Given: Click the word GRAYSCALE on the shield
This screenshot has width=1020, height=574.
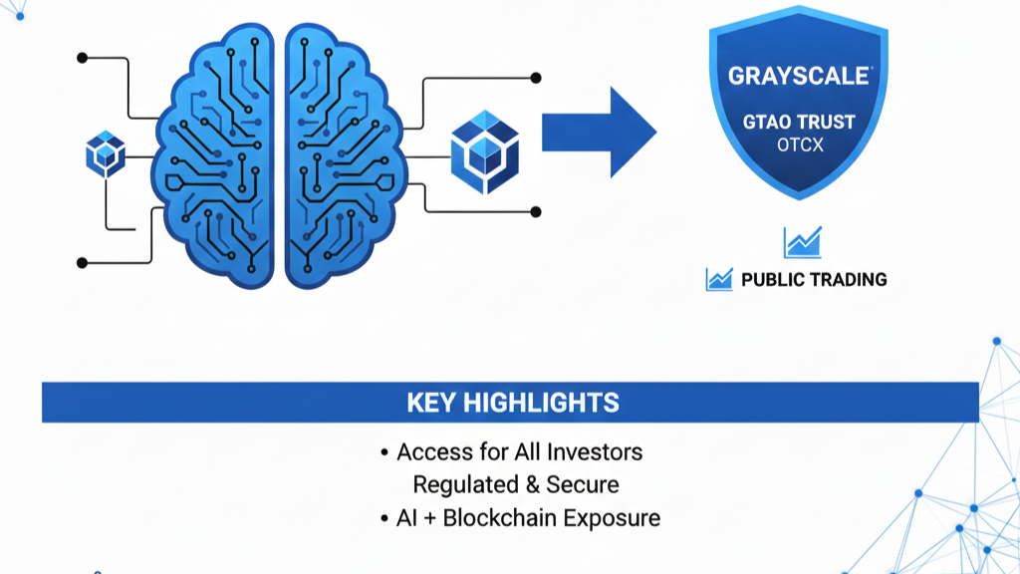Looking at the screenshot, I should pos(799,76).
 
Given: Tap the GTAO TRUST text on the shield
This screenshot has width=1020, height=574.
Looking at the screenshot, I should pos(799,123).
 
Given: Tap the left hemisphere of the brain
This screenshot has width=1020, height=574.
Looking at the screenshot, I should pos(214,154).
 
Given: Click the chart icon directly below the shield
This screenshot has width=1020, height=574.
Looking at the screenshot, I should pos(802,242).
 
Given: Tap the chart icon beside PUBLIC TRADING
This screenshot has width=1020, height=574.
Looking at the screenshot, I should pos(718,280).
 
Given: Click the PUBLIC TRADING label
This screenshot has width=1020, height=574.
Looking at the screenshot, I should pos(814,280).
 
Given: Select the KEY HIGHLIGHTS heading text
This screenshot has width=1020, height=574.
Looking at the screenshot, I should pos(513,403).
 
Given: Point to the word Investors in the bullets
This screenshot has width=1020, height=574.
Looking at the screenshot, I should pos(594,451).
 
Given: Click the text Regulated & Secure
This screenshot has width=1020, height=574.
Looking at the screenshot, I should pos(516,485).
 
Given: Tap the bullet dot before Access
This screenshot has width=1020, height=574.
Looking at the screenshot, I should pos(383,452).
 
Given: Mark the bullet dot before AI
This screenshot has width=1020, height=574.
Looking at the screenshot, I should pos(383,519).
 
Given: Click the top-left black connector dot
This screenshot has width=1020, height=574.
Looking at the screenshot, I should pos(83,58).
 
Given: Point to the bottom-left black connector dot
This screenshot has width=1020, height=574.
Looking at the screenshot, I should pos(83,263).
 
